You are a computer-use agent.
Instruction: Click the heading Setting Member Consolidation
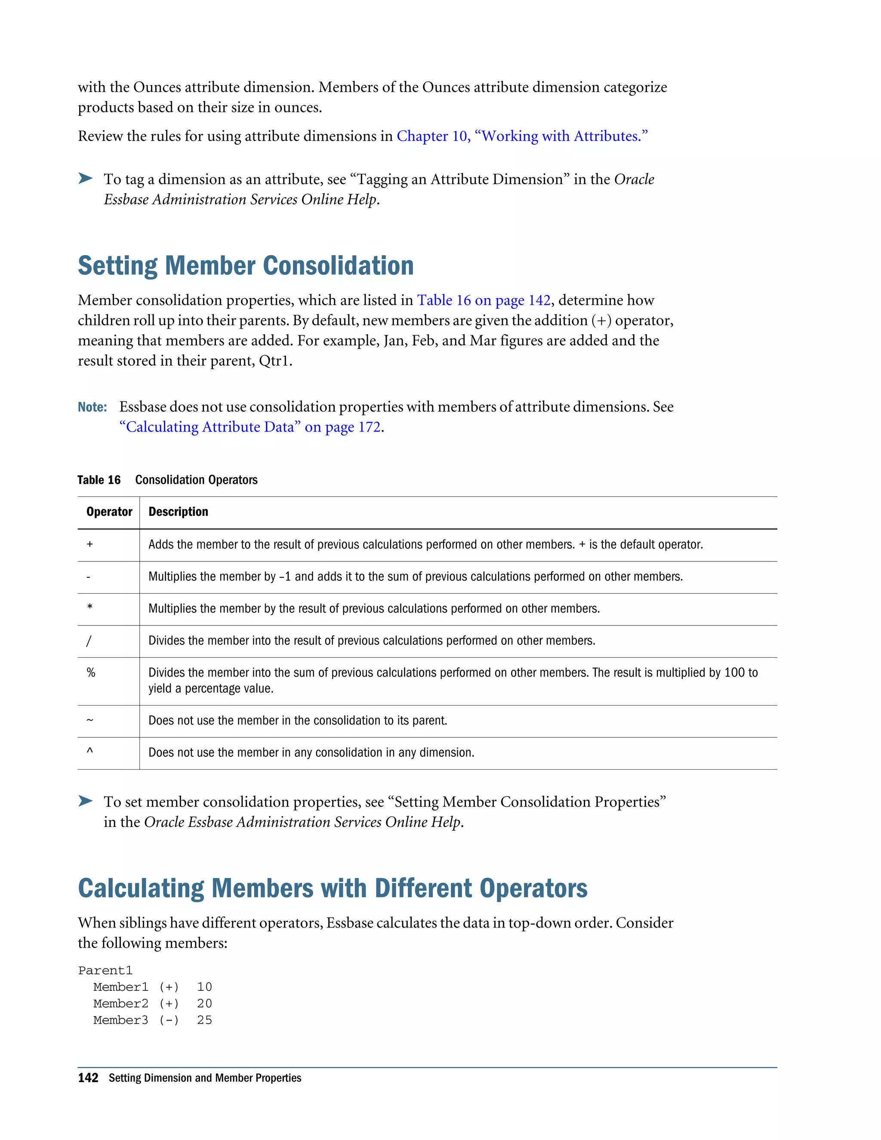pyautogui.click(x=245, y=266)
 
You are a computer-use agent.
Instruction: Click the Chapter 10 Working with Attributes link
pyautogui.click(x=522, y=136)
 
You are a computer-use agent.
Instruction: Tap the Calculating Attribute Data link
pyautogui.click(x=250, y=427)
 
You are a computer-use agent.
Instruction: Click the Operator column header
pyautogui.click(x=109, y=511)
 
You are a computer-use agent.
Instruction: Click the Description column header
pyautogui.click(x=178, y=511)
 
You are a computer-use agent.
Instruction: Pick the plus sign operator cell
pyautogui.click(x=90, y=545)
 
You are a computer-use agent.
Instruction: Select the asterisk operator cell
pyautogui.click(x=90, y=607)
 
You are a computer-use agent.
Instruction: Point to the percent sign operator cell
pyautogui.click(x=91, y=673)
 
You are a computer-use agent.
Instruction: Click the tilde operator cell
pyautogui.click(x=90, y=720)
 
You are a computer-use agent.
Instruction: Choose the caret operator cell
pyautogui.click(x=90, y=752)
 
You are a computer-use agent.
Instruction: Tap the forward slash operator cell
pyautogui.click(x=89, y=641)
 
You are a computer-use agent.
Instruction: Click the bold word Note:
pyautogui.click(x=92, y=407)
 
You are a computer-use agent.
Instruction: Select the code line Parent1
pyautogui.click(x=105, y=971)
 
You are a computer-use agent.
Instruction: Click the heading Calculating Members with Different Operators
pyautogui.click(x=333, y=888)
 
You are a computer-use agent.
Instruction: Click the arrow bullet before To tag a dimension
pyautogui.click(x=86, y=179)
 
